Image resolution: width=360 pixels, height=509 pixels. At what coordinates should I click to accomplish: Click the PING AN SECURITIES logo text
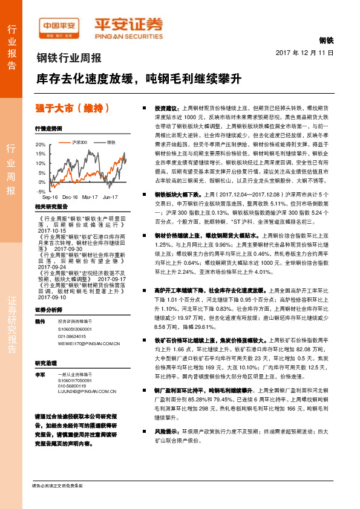coord(128,34)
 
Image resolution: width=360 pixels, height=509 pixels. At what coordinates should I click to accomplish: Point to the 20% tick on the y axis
coord(40,145)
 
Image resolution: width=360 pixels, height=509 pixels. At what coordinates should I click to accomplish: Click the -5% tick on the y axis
coord(41,190)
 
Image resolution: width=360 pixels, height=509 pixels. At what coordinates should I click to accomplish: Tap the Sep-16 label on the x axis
coord(50,198)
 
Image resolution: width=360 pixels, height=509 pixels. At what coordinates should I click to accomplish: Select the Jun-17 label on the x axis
coord(110,198)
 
